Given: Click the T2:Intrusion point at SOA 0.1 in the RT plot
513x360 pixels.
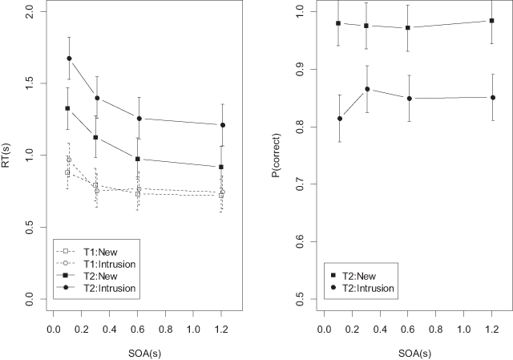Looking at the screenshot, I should (70, 59).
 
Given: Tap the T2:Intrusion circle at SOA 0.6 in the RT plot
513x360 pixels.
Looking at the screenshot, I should (139, 119).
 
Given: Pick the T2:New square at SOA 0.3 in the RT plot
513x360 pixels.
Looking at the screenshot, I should (96, 137).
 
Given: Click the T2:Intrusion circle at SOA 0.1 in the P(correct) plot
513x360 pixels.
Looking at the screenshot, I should (340, 119).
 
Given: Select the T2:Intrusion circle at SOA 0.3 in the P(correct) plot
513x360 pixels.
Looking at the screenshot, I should (366, 89).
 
